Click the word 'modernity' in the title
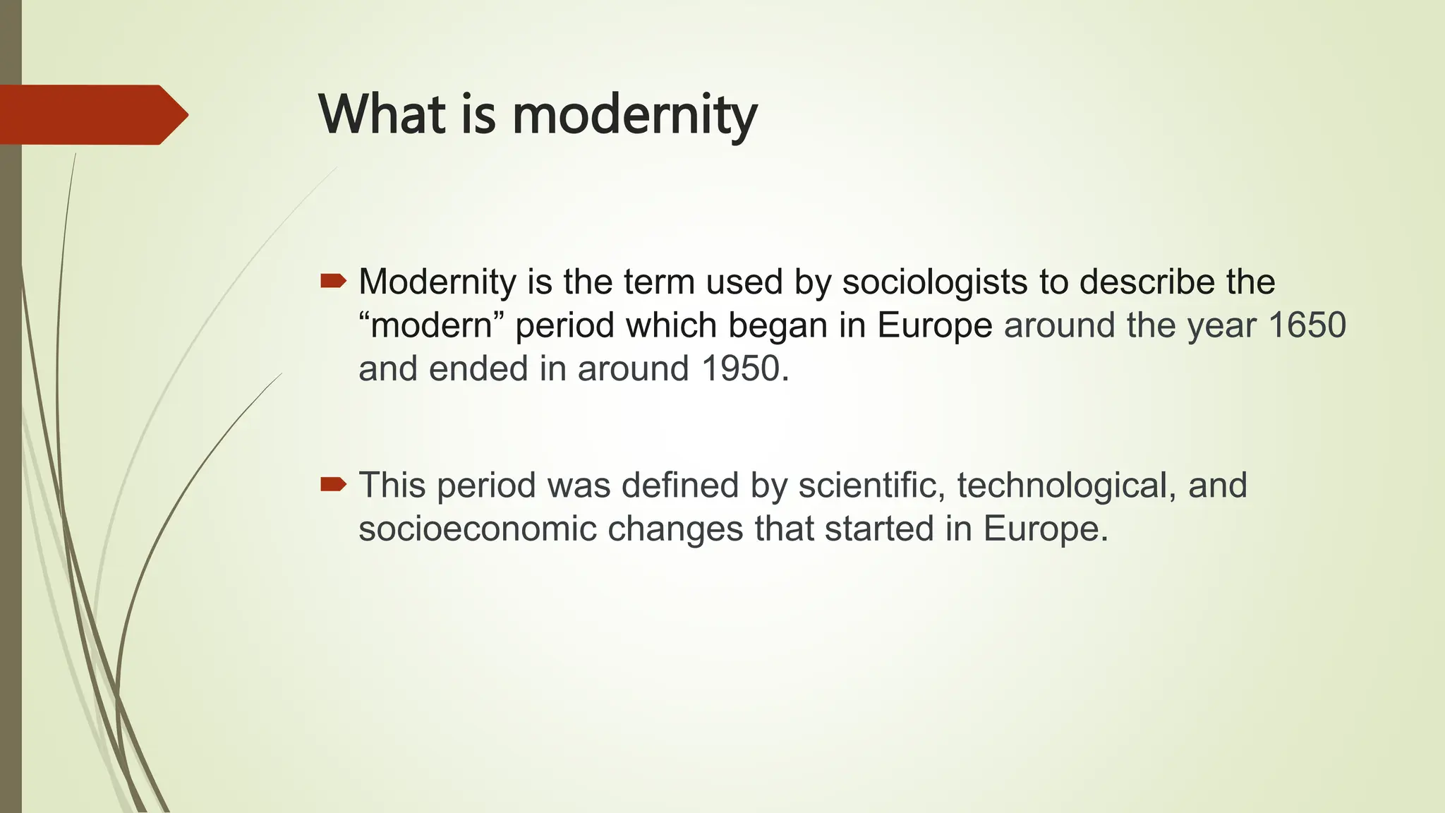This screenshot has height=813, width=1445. click(x=634, y=115)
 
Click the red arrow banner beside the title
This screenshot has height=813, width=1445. click(x=92, y=114)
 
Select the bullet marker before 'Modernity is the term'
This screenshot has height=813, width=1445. click(x=333, y=282)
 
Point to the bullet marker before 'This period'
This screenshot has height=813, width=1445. click(x=333, y=485)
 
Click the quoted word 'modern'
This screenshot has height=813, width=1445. click(x=432, y=326)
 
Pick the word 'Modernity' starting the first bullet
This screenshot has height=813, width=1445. click(x=437, y=282)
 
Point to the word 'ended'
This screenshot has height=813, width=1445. click(x=478, y=368)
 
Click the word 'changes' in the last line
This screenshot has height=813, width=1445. click(x=675, y=529)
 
